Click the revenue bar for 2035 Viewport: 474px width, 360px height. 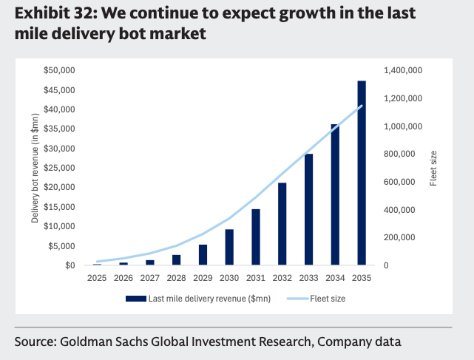362,173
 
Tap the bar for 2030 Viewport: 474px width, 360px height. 229,247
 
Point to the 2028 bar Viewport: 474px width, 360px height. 177,259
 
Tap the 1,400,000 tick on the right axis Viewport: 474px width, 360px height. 402,70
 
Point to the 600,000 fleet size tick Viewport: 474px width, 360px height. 402,182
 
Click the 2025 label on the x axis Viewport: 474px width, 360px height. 97,278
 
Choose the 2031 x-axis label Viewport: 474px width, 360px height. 256,278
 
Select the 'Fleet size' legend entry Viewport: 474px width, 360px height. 327,299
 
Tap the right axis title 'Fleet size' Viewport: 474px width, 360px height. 433,168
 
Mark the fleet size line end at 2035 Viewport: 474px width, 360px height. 362,106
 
